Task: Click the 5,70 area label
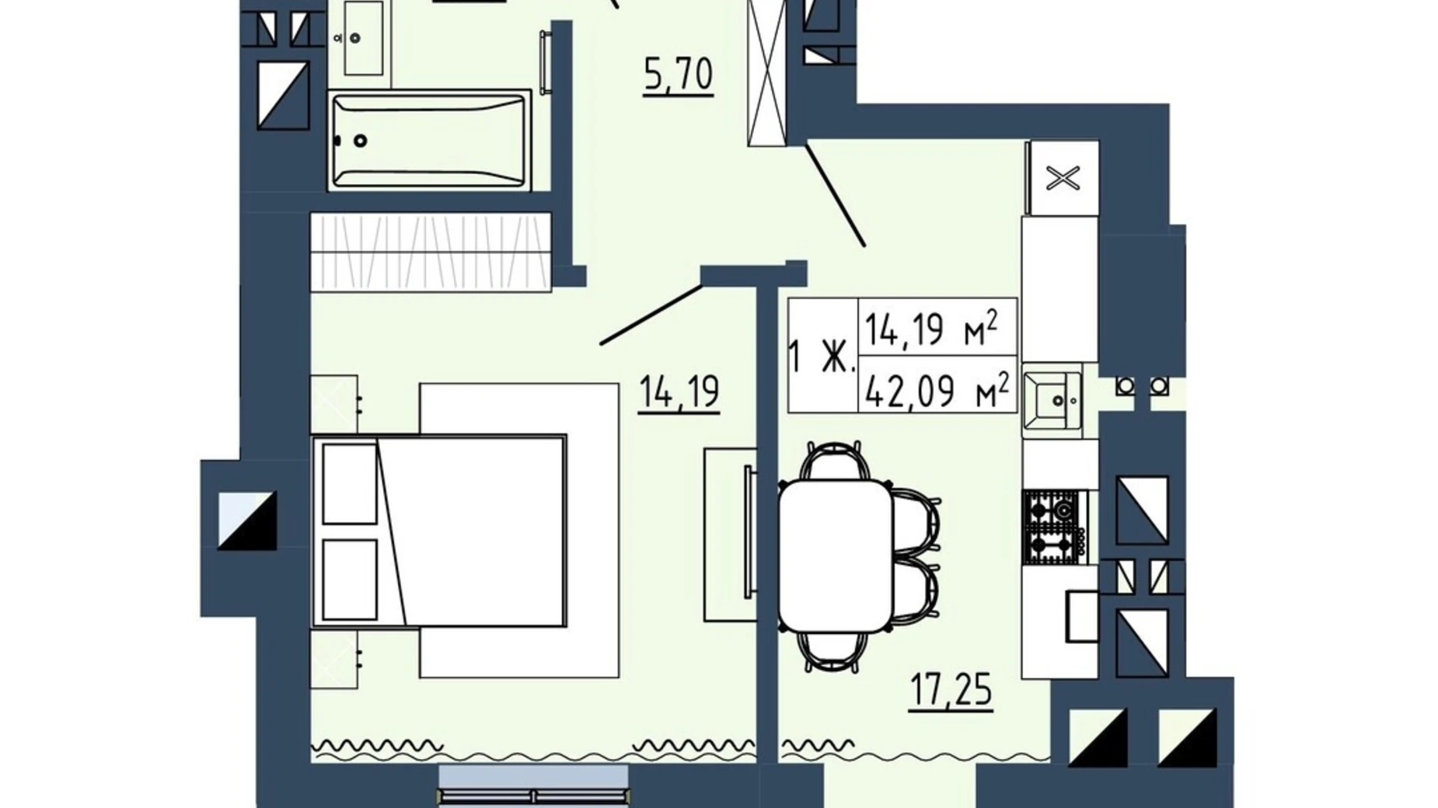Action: pos(678,76)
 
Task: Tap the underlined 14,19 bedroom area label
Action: pos(679,393)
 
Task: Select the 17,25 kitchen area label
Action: pos(951,690)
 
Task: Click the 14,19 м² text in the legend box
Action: pos(930,328)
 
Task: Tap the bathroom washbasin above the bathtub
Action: pos(362,37)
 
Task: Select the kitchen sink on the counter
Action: pos(1052,399)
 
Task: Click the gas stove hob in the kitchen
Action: pos(1055,527)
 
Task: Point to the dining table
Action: pos(836,555)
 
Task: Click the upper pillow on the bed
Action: pos(350,483)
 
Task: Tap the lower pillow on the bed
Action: pos(350,580)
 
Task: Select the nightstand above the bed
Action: pos(334,404)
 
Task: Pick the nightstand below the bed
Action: pos(334,659)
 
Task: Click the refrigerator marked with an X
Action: pos(1063,178)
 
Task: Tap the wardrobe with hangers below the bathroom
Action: pos(431,252)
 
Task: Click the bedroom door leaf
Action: pos(651,314)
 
